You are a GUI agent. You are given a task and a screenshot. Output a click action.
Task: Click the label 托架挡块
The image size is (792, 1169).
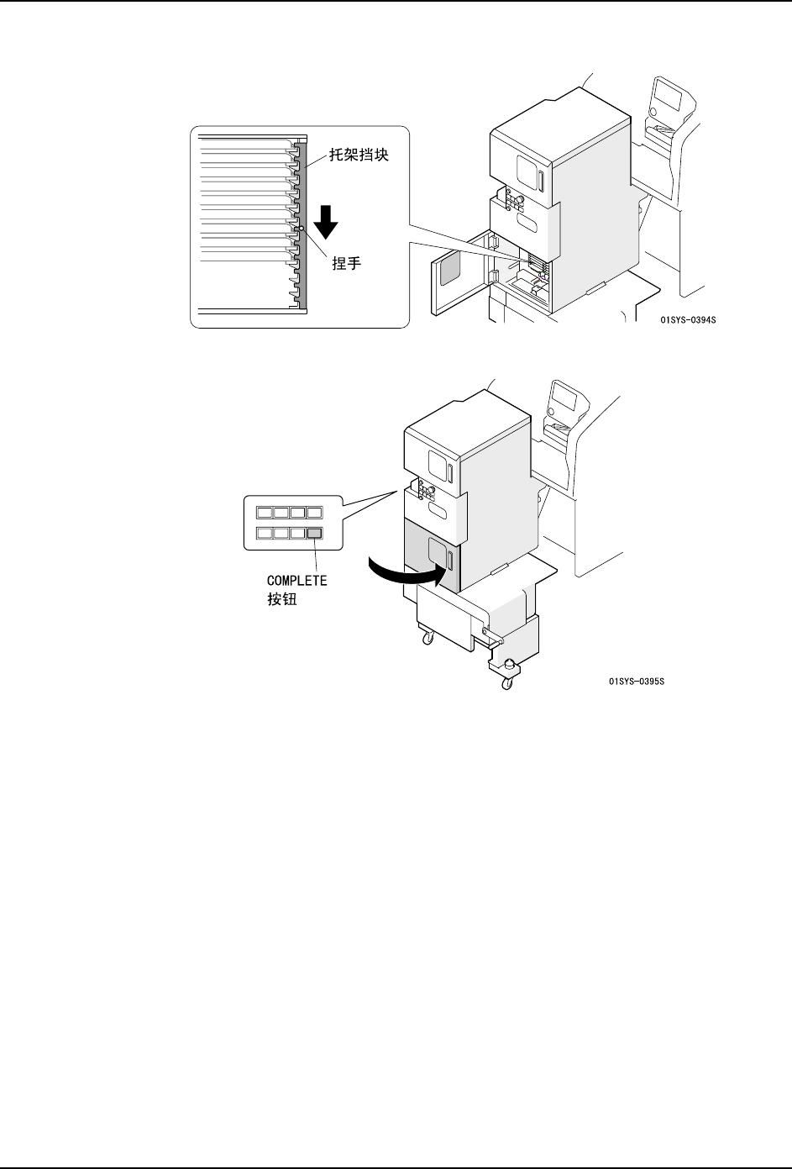pos(353,155)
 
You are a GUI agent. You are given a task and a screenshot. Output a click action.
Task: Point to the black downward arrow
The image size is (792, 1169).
pos(328,221)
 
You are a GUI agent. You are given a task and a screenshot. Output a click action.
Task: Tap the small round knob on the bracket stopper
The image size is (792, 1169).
pos(300,227)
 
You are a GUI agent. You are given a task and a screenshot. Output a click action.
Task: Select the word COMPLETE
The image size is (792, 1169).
pos(296,580)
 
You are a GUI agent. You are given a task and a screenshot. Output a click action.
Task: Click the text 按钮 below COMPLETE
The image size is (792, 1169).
pos(280,600)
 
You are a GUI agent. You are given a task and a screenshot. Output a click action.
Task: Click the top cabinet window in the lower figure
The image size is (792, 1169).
pos(438,463)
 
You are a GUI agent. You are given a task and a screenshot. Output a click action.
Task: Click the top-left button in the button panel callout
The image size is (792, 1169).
pos(265,511)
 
